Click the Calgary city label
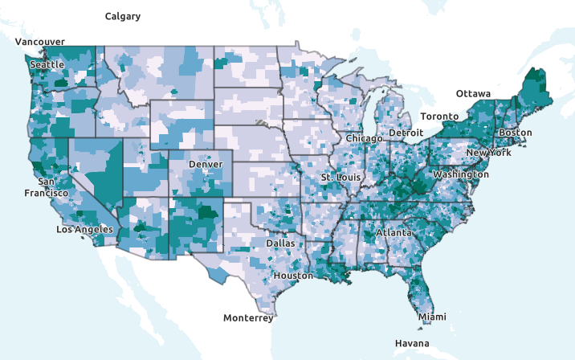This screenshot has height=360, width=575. (x=123, y=16)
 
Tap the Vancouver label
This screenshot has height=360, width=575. (x=39, y=42)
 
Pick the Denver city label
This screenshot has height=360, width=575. (x=205, y=164)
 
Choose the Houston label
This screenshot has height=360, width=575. (x=293, y=276)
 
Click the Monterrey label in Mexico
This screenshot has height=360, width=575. (x=248, y=318)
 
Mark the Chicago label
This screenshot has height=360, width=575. (x=365, y=138)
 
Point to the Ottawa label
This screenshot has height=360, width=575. (x=473, y=94)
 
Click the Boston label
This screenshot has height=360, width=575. (x=515, y=133)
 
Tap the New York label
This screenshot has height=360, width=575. (x=488, y=153)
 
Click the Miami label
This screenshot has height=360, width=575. (x=432, y=317)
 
